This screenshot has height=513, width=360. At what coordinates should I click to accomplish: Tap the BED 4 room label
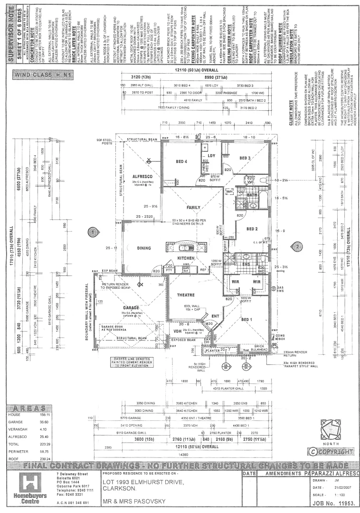click(181, 162)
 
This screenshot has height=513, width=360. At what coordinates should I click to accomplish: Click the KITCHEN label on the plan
click(186, 257)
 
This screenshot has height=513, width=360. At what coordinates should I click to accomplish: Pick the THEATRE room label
click(186, 295)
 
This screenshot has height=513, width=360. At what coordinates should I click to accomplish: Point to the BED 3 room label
click(245, 158)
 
